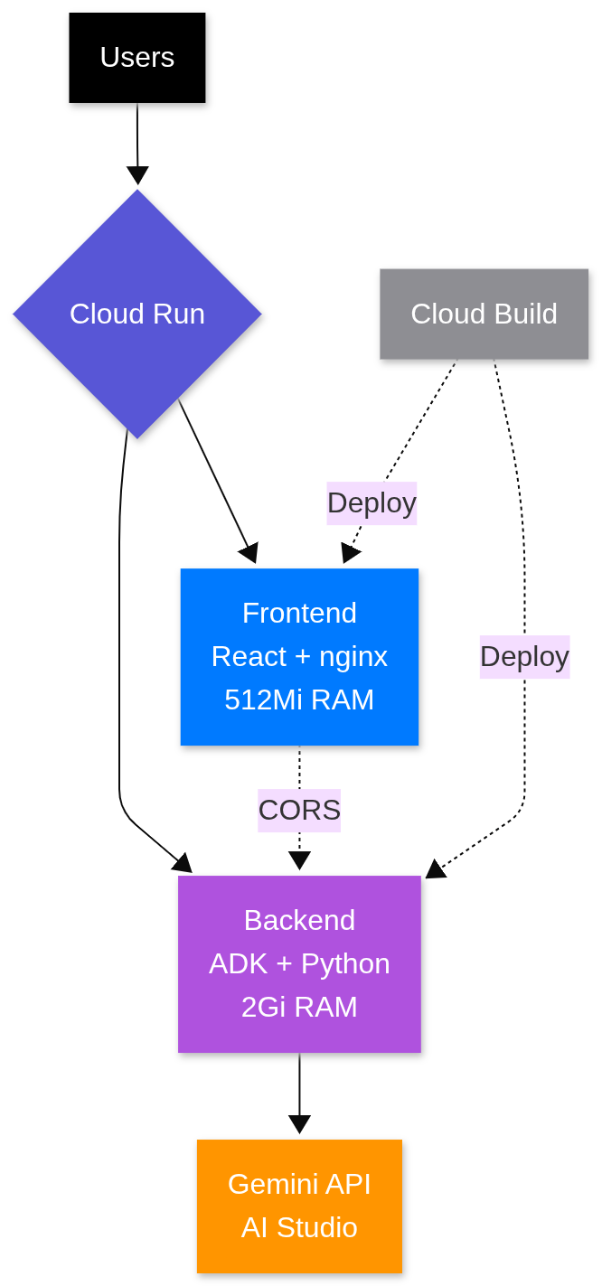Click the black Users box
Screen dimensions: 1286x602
pos(137,58)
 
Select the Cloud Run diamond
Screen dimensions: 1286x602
pos(137,314)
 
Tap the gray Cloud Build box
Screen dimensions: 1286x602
pos(484,314)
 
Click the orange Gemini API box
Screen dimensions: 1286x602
pos(299,1206)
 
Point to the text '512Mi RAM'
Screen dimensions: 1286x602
pos(299,700)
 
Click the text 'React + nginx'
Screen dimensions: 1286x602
pos(299,657)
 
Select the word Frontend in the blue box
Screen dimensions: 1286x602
pos(299,614)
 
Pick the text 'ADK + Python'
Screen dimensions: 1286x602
pos(299,964)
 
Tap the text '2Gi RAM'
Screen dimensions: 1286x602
pos(299,1008)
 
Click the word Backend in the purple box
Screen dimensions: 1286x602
pos(299,921)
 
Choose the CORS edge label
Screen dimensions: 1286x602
pos(299,810)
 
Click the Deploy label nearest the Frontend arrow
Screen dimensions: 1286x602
pos(372,503)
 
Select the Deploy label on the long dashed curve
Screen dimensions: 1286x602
pos(524,657)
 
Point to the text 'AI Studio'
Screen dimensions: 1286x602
pos(299,1227)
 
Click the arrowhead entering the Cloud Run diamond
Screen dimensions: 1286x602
pos(137,176)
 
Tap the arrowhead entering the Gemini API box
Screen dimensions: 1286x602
pos(299,1125)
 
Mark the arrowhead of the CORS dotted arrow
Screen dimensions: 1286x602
pos(299,860)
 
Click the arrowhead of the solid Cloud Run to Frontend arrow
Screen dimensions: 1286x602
pos(249,553)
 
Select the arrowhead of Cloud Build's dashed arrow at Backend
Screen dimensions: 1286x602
pos(436,868)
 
